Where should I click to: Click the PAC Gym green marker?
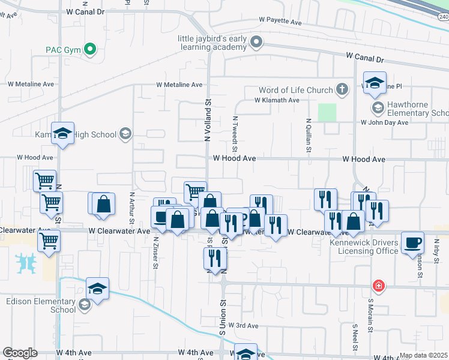91,49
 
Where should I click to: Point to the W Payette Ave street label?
280,21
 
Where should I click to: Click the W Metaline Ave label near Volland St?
180,85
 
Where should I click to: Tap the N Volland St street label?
208,121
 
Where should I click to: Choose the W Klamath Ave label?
277,100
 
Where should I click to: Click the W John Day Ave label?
384,122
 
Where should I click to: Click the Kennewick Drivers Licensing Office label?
360,247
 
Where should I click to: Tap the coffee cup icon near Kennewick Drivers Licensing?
412,243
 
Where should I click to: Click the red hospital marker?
378,285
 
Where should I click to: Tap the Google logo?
20,353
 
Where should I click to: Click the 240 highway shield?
443,17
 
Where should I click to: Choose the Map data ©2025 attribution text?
423,355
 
